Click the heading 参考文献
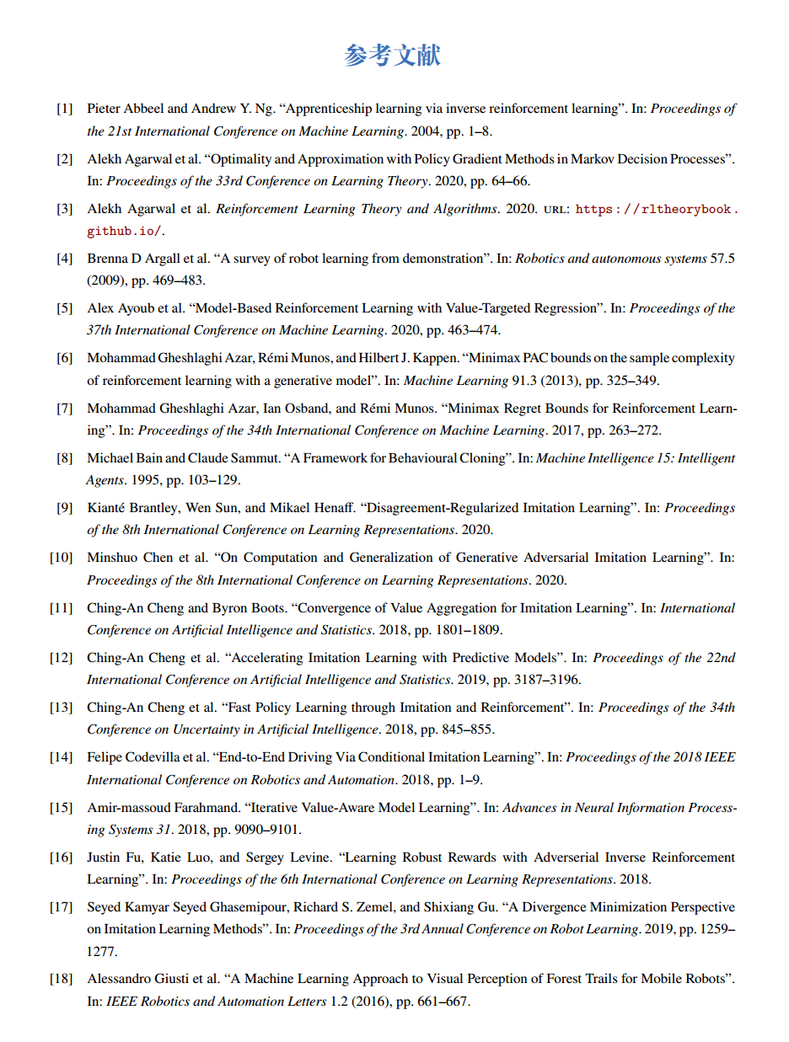tap(393, 56)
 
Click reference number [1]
tap(64, 109)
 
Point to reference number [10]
tap(61, 558)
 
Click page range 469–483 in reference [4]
tap(177, 281)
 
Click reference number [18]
tap(61, 979)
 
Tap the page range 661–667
tap(443, 1002)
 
